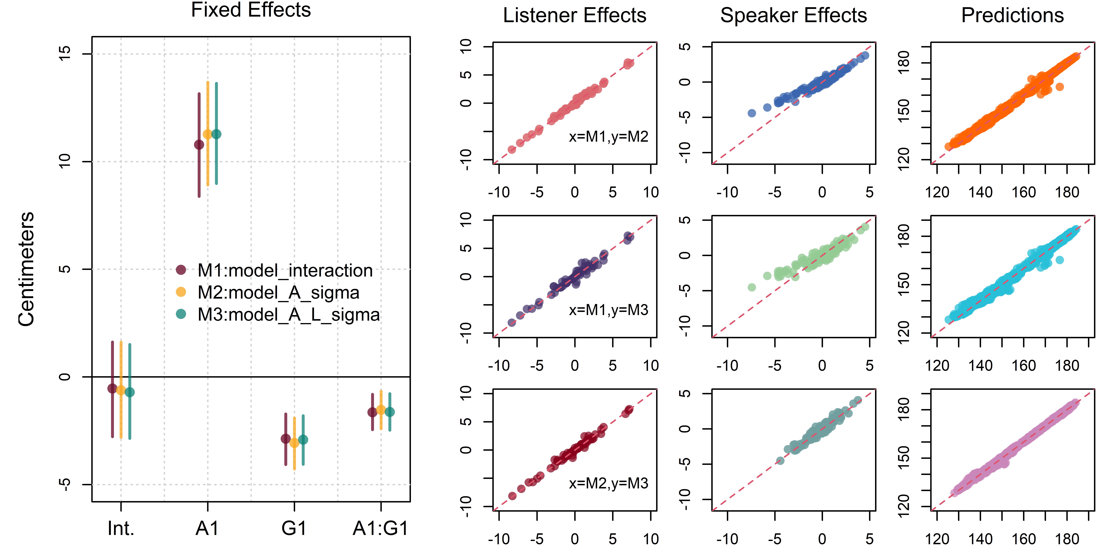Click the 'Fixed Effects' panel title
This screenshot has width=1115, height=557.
click(251, 10)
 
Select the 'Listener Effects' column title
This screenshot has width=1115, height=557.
click(574, 16)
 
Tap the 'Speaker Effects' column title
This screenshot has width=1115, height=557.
click(793, 16)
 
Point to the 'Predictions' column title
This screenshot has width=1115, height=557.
click(1012, 16)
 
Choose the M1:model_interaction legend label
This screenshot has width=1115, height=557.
click(285, 270)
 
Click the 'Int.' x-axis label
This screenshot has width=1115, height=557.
click(121, 528)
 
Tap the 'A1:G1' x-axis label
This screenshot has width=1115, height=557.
click(380, 528)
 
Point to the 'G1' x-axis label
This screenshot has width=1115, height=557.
click(294, 528)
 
